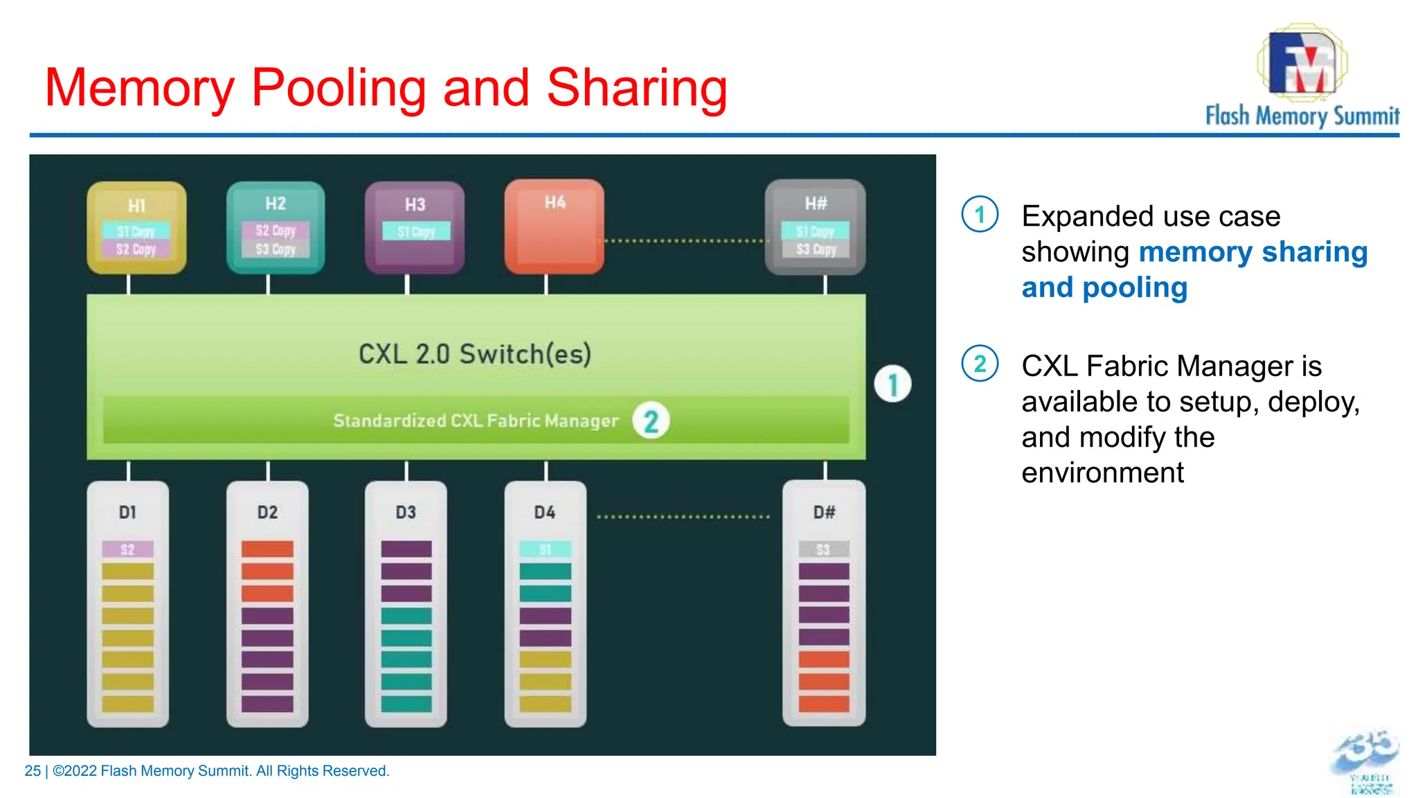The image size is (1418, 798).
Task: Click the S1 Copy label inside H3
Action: coord(416,231)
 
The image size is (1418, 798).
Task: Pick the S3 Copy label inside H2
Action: coord(276,249)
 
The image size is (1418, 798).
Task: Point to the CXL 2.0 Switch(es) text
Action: coord(475,354)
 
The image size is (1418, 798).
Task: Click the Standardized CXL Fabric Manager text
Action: coord(476,420)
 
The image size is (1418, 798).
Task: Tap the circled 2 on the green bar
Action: coord(651,420)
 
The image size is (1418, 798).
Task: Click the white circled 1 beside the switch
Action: coord(892,384)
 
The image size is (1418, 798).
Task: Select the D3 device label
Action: coord(406,513)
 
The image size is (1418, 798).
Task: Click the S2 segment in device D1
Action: coord(127,550)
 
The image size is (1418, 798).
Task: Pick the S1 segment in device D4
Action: coord(546,550)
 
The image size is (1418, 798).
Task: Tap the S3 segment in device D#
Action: coord(823,550)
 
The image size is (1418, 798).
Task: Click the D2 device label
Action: coord(267,513)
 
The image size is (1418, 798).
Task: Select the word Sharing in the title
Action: coord(636,88)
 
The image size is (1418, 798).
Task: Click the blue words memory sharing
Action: coord(1253,251)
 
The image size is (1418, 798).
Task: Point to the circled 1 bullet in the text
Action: coord(980,215)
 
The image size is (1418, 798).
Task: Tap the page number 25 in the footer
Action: coord(33,771)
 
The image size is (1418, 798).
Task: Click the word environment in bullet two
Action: coord(1102,473)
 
